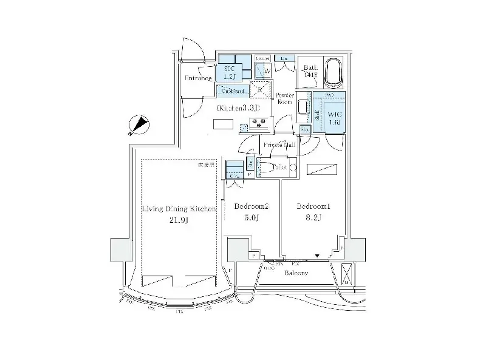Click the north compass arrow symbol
(x=141, y=124)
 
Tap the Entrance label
(x=198, y=78)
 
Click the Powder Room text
(x=285, y=99)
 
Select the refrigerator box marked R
(x=260, y=89)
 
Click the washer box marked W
(x=266, y=72)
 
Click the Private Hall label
(x=279, y=146)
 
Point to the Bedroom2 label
(x=251, y=206)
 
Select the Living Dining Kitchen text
(x=179, y=209)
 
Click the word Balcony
(x=296, y=273)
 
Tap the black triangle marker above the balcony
(x=317, y=256)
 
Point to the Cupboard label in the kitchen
(x=233, y=92)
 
